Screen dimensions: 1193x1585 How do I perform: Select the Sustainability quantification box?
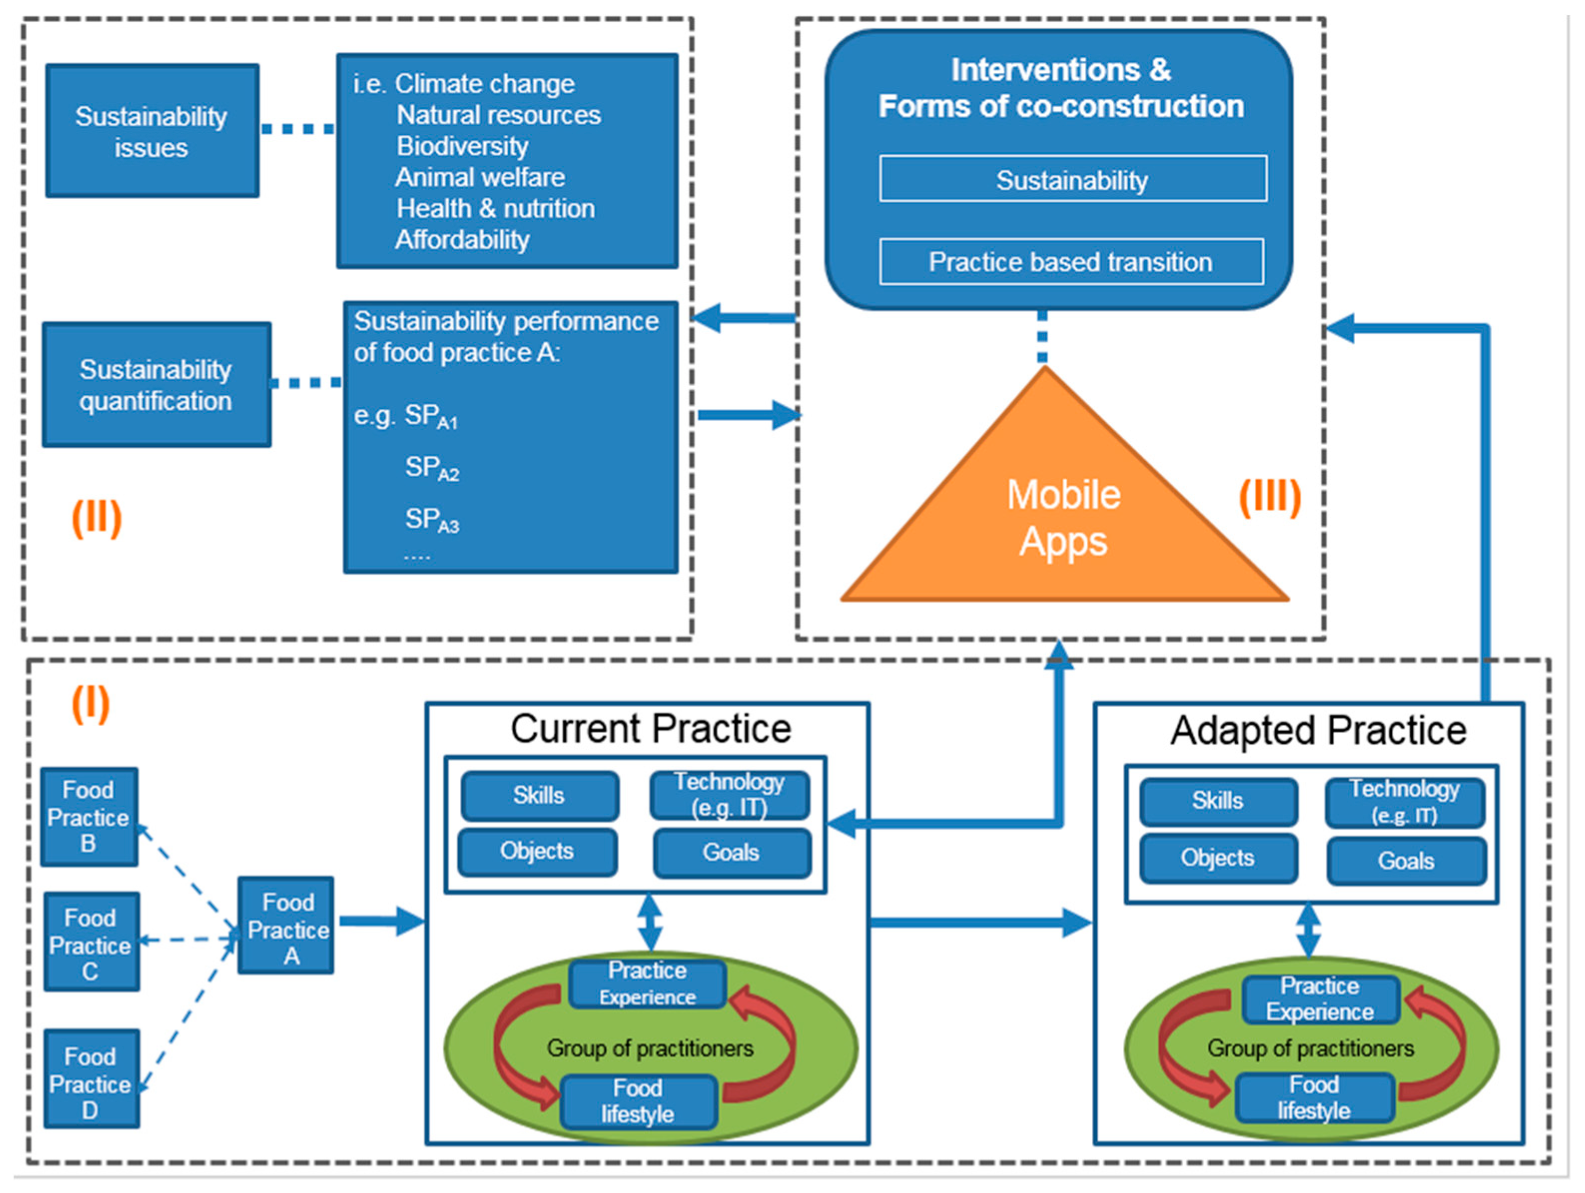point(156,385)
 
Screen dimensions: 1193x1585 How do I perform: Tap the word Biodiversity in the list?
point(462,146)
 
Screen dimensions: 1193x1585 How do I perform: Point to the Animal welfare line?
point(479,177)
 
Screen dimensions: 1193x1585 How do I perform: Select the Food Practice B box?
point(89,817)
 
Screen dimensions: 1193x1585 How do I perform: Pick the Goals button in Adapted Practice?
point(1405,861)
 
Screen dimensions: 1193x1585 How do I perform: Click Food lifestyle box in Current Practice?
point(637,1101)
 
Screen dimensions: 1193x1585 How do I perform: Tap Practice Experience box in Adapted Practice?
point(1320,999)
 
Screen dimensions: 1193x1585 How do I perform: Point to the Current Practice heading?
point(650,729)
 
